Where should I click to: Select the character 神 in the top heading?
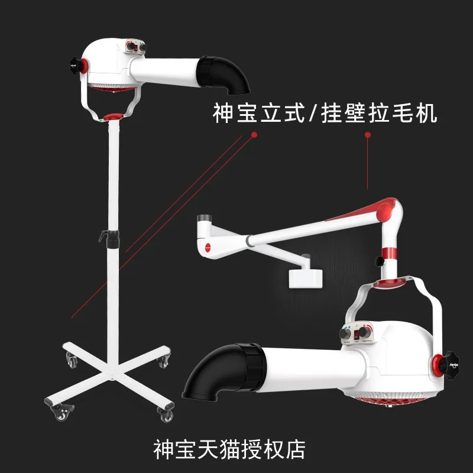222,114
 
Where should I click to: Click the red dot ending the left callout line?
254,135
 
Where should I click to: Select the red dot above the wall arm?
368,135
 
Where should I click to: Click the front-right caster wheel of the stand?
164,413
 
